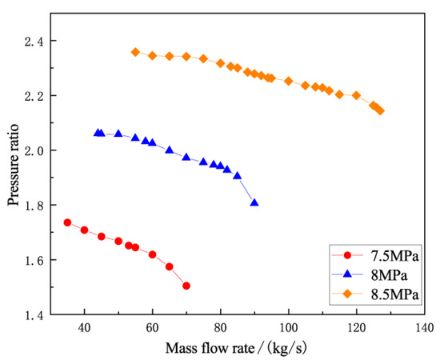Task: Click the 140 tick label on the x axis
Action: [x=425, y=328]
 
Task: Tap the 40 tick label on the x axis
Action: [x=84, y=328]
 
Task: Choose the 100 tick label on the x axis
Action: [x=289, y=328]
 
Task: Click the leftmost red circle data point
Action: [x=67, y=222]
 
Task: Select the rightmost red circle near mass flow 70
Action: [x=186, y=286]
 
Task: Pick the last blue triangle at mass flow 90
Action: [x=254, y=203]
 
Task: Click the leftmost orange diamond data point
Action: [x=135, y=52]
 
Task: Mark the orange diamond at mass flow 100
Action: [x=289, y=81]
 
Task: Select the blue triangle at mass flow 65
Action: [x=169, y=150]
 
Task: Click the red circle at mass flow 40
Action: [x=84, y=230]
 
